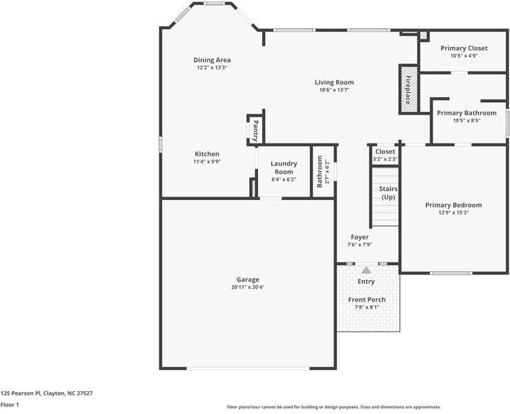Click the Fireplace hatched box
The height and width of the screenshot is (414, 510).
tap(408, 88)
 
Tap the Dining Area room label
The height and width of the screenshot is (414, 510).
tap(212, 60)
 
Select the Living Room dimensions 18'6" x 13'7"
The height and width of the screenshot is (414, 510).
tap(334, 90)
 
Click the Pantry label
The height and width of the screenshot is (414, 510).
tap(255, 130)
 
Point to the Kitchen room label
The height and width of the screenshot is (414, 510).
tap(206, 154)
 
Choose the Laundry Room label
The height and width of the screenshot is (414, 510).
tap(284, 168)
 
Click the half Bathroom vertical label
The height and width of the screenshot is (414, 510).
tap(320, 171)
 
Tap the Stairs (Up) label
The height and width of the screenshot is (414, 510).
tap(388, 193)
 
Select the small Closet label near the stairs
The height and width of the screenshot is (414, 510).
tap(385, 151)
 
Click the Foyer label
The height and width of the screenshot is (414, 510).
tap(360, 237)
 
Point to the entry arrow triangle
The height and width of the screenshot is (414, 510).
tap(366, 270)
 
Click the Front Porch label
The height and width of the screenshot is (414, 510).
tap(366, 299)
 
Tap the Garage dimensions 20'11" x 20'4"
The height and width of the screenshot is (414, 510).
tap(248, 287)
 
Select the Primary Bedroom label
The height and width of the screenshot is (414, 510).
tap(453, 205)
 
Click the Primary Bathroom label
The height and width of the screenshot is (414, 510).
tap(467, 112)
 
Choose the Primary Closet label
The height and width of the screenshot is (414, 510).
tap(464, 48)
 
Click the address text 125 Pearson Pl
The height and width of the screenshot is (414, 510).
tap(46, 393)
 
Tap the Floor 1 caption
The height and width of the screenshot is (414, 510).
tap(10, 404)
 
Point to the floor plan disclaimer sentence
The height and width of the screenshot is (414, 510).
tap(333, 407)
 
